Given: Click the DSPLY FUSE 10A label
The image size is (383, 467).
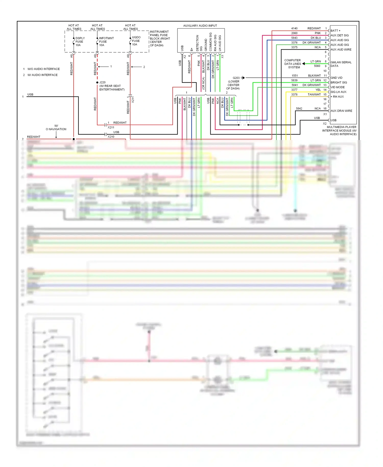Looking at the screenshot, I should [x=80, y=42].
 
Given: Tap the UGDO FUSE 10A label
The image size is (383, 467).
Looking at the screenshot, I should [x=136, y=41].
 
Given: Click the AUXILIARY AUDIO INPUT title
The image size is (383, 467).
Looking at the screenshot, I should [x=200, y=26].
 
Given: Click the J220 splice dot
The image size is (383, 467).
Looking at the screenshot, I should [x=97, y=83].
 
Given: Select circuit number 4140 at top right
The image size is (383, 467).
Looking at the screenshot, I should [x=294, y=28].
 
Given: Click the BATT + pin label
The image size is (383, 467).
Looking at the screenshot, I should [x=335, y=31].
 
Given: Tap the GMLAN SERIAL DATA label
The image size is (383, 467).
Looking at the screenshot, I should [x=341, y=64].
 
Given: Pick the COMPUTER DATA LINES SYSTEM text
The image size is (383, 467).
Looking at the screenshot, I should [x=293, y=64].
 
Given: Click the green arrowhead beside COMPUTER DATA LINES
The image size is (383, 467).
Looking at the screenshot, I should [x=304, y=64].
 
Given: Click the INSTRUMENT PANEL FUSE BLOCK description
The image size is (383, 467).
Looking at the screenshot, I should [x=160, y=39].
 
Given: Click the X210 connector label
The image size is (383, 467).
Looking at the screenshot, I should [x=111, y=137].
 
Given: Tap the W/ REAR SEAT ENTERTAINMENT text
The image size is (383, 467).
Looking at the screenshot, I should [x=112, y=88].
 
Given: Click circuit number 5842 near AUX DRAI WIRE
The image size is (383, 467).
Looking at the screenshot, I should [x=299, y=109].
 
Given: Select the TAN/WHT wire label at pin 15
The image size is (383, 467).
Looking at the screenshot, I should [x=314, y=95].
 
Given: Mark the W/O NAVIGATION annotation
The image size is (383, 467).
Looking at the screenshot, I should [x=56, y=127].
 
